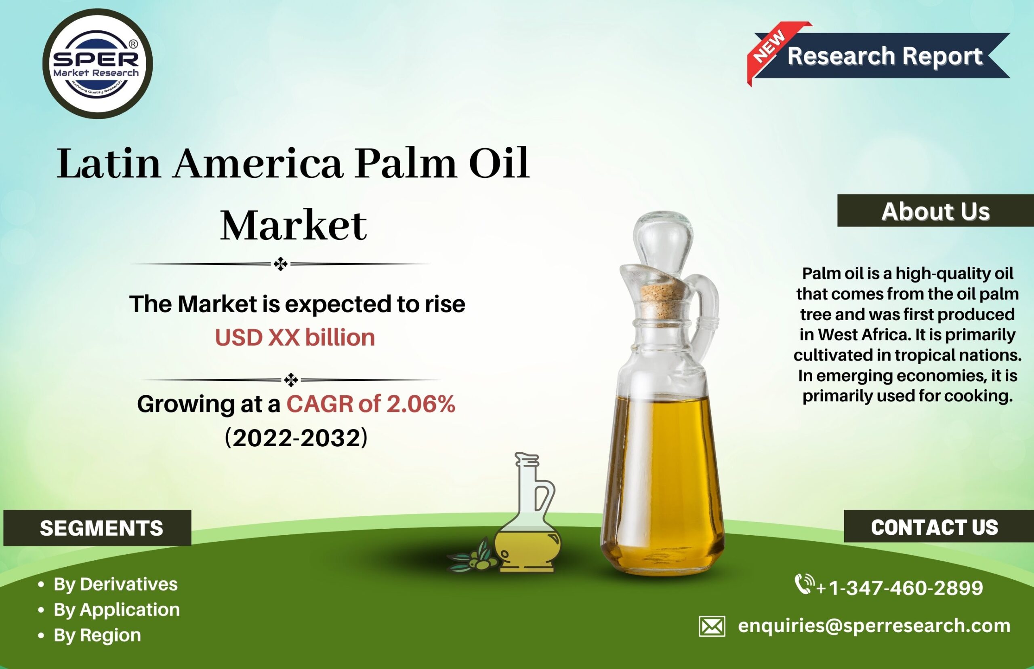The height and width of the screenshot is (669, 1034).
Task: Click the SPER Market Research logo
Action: (98, 63)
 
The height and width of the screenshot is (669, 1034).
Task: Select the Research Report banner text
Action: (885, 56)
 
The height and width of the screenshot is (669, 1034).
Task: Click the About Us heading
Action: (935, 211)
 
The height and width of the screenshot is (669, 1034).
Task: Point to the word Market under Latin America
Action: (294, 226)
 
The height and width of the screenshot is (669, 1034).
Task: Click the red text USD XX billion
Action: (295, 337)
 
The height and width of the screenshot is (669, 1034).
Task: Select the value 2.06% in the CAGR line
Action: (420, 404)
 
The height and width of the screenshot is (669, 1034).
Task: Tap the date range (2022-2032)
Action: (296, 437)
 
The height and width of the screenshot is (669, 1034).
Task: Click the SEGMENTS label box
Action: (97, 528)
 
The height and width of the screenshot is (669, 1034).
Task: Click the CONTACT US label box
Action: (939, 526)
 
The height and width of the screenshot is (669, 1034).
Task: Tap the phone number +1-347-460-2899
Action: (899, 588)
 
